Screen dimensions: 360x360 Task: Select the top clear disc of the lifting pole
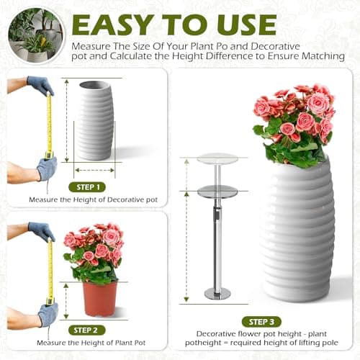pos(217,158)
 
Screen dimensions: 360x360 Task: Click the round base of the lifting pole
pos(217,294)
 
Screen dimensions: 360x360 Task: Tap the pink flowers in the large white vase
pos(295,119)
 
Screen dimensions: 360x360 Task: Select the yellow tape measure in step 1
pos(49,126)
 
